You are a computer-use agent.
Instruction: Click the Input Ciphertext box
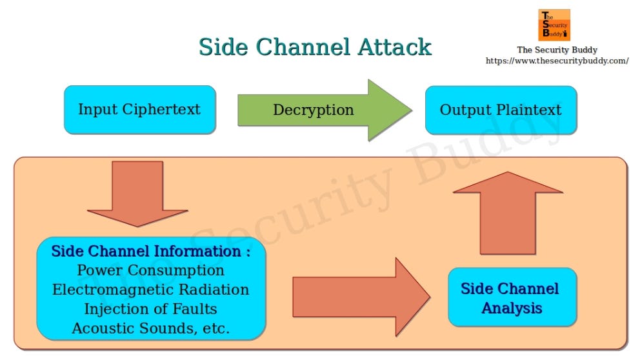[139, 110]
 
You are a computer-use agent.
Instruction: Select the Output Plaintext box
[501, 110]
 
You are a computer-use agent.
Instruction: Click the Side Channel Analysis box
[512, 297]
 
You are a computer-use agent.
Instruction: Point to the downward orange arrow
[137, 194]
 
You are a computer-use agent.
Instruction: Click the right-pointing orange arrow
[361, 297]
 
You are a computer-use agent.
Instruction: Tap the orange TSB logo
[554, 25]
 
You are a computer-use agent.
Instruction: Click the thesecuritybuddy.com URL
[557, 61]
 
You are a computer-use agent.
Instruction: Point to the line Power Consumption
[150, 270]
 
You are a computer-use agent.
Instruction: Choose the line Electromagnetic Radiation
[150, 290]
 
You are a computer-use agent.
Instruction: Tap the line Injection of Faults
[150, 309]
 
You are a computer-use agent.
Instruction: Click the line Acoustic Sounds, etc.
[150, 328]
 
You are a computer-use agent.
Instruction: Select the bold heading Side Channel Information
[150, 251]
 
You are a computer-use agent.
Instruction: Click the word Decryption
[313, 110]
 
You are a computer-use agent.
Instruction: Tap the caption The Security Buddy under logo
[557, 50]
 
